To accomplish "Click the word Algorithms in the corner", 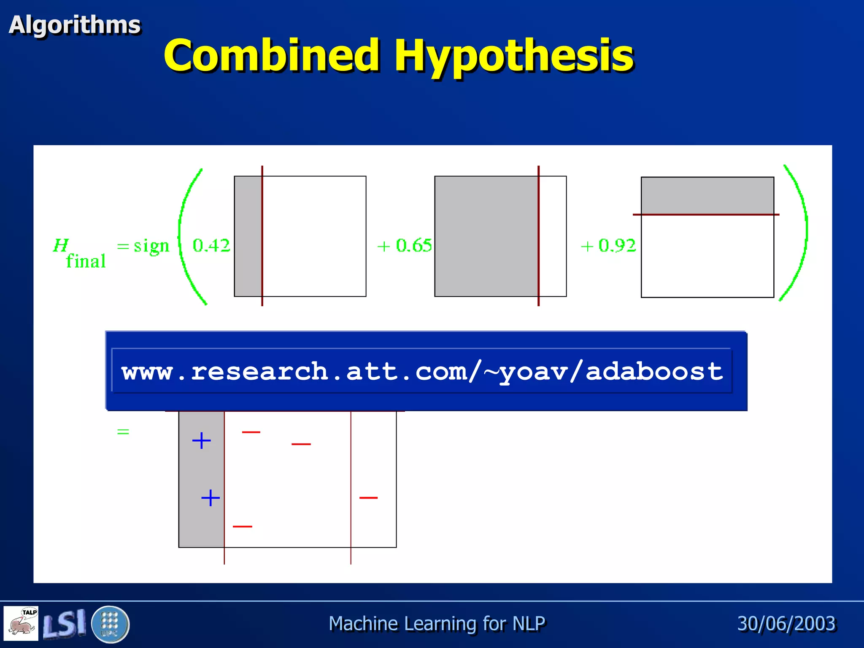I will click(75, 24).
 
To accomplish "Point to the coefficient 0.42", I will click(211, 246).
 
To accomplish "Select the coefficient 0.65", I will click(413, 246).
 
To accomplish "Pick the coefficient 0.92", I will click(617, 246).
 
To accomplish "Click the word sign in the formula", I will click(151, 246).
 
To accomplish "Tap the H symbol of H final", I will click(61, 245).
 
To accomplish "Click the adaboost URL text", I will click(422, 372).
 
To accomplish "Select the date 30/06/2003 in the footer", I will click(786, 624).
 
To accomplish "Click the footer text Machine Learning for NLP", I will click(437, 624).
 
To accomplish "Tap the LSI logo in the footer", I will click(64, 624).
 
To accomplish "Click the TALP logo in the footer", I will click(21, 623).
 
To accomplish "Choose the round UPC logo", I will click(110, 624).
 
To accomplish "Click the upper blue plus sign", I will click(201, 441).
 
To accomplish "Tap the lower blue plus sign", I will click(211, 498).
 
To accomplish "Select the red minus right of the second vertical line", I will click(368, 498).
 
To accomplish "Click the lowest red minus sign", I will click(243, 526).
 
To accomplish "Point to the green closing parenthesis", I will click(797, 232).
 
